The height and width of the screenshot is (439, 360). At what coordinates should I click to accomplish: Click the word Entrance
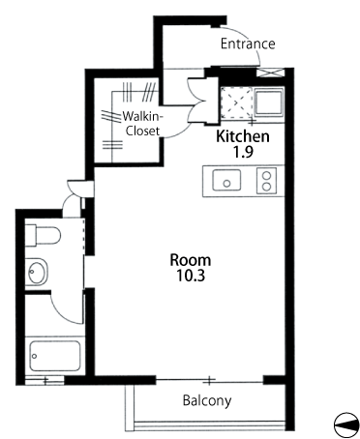(248, 44)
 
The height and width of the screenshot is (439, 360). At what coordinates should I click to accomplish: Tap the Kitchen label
(243, 136)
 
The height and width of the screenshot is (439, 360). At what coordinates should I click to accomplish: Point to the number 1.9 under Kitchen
(243, 152)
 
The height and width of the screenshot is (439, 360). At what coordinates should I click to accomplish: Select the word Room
(191, 260)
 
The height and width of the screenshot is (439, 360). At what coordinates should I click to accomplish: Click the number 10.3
(191, 276)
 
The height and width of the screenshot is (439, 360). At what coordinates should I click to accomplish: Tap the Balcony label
(207, 400)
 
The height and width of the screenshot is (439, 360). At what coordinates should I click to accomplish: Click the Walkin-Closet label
(142, 124)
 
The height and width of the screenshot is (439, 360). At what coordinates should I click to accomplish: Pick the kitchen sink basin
(226, 180)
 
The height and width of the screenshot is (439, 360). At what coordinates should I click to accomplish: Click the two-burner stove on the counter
(266, 181)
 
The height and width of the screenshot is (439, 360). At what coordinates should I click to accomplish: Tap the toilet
(43, 235)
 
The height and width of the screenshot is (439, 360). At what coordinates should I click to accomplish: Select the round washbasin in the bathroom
(37, 272)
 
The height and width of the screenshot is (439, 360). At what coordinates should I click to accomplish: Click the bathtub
(55, 356)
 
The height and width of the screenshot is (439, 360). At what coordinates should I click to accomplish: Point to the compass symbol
(346, 424)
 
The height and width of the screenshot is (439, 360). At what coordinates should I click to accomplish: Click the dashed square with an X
(236, 103)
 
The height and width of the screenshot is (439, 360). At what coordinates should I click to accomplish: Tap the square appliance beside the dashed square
(269, 102)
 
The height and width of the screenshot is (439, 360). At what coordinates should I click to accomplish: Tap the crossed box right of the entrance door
(271, 73)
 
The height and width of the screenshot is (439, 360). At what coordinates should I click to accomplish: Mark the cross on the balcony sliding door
(209, 381)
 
